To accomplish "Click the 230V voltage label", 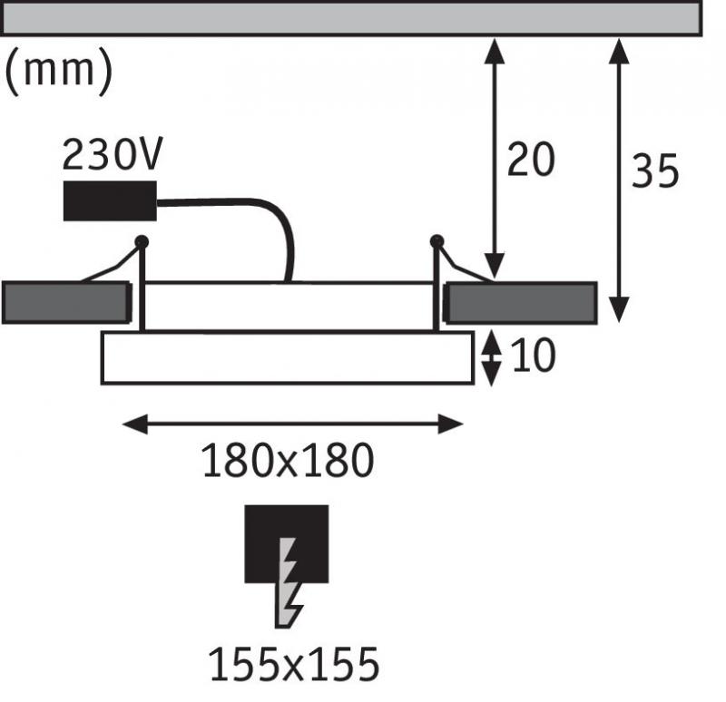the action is (x=112, y=153).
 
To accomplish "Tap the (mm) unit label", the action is (x=59, y=71).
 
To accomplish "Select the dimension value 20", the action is (x=531, y=159).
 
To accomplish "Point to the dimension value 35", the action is (x=654, y=171).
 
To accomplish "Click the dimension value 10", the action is (x=534, y=356).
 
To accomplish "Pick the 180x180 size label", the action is (x=288, y=460).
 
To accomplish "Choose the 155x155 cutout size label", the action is (x=294, y=664).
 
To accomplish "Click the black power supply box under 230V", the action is (x=110, y=200).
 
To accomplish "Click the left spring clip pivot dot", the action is (x=142, y=241).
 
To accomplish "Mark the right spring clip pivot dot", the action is (x=437, y=241).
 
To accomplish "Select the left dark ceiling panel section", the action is (x=66, y=302).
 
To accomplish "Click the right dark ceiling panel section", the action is (x=520, y=303).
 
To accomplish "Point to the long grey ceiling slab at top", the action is (x=352, y=18).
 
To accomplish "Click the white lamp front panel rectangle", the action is (x=288, y=357).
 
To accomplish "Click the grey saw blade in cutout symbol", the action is (x=289, y=582).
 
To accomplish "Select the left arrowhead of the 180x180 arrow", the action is (x=135, y=424).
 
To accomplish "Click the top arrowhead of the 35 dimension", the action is (x=619, y=51).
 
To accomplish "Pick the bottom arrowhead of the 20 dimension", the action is (x=495, y=266).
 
